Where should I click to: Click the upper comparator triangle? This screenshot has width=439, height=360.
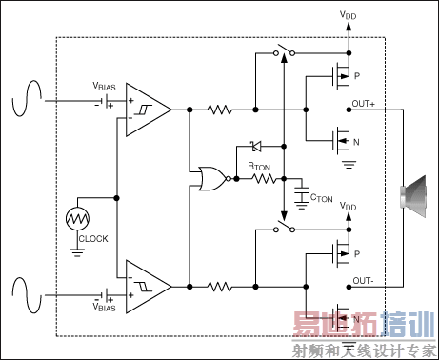pos(149,110)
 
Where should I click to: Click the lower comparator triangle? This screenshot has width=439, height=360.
pos(149,285)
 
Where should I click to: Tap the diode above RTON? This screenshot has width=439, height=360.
pos(254,147)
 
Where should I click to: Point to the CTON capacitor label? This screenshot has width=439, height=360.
pos(322,198)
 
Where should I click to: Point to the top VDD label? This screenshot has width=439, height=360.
pos(349,15)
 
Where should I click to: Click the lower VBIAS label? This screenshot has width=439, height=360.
pos(105,307)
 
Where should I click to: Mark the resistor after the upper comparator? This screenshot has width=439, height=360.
pos(220,110)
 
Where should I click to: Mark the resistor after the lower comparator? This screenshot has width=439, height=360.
pos(220,285)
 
